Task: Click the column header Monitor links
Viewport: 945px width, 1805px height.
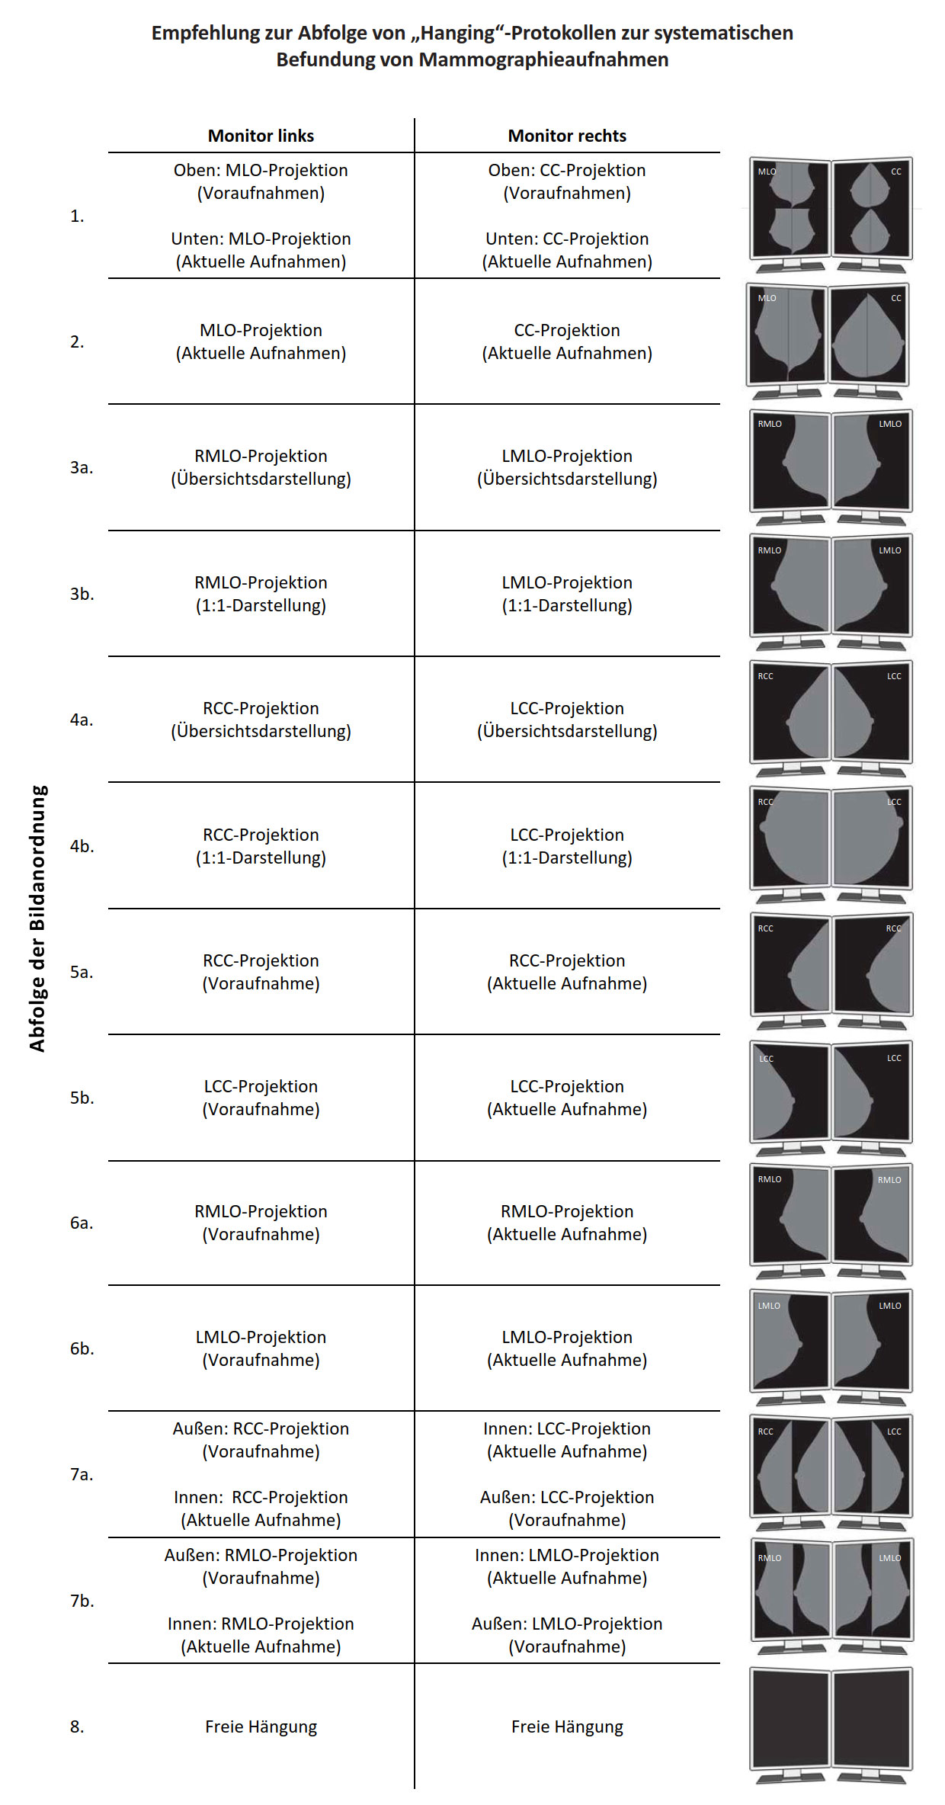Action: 261,136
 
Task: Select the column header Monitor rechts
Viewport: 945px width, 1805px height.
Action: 567,136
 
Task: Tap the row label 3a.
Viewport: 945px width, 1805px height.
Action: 82,467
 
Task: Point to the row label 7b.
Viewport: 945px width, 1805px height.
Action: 82,1601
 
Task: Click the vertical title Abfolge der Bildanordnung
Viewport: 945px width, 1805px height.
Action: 37,919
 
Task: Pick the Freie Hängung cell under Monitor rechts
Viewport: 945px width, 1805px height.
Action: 567,1727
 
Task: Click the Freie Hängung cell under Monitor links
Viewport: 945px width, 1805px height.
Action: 261,1727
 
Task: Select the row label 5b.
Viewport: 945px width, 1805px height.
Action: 82,1098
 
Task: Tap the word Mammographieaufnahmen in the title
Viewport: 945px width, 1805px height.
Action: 543,59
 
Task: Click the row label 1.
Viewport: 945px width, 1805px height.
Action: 77,216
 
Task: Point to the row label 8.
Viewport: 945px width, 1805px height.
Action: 77,1726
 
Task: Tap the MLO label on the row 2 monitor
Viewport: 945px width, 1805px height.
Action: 767,298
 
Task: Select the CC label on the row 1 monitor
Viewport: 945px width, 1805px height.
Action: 896,172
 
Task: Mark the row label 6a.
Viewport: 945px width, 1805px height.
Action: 82,1223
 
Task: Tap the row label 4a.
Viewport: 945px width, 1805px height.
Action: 82,720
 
